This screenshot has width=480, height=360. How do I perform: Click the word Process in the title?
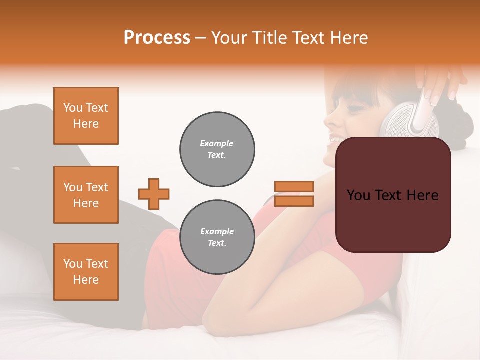click(157, 38)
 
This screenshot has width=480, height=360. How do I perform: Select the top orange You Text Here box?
click(86, 116)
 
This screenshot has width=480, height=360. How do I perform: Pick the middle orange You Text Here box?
click(86, 195)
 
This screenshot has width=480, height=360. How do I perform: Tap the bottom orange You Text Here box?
click(86, 272)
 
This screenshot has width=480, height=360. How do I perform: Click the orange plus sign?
click(154, 194)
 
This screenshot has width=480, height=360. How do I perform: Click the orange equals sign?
click(294, 194)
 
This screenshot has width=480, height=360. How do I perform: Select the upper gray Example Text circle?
click(217, 149)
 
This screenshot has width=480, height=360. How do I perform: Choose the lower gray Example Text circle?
click(217, 237)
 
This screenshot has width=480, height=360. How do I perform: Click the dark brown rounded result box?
click(393, 195)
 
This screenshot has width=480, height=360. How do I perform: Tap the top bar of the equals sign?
click(294, 186)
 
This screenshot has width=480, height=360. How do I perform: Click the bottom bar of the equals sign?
click(294, 201)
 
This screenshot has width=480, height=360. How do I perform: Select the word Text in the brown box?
click(392, 195)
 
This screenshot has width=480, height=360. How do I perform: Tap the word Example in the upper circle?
click(217, 143)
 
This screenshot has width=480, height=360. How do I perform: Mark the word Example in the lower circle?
click(217, 231)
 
